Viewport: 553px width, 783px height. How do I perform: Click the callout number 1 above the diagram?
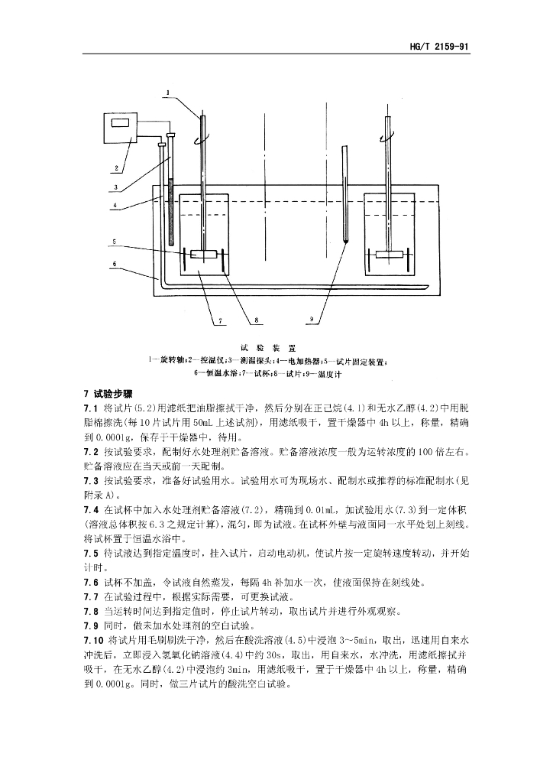166,93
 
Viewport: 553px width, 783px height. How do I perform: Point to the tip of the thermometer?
347,240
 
